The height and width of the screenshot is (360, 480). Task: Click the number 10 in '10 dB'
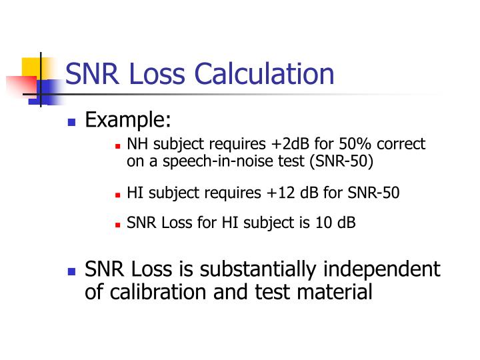pos(325,223)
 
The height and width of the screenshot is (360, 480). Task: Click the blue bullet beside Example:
pos(73,123)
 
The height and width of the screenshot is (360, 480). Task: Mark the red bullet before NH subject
pos(117,146)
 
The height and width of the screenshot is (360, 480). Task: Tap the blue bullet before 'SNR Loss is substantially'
pos(73,272)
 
